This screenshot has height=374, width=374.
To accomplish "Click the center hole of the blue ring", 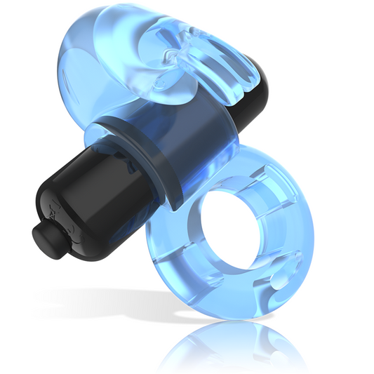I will coord(235,232).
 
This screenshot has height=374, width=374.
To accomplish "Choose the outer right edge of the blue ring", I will coord(309,232).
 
